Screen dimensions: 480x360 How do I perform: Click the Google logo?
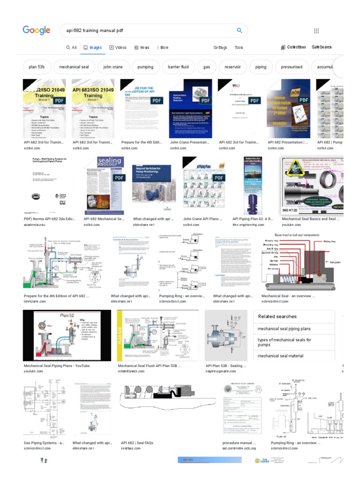click(36, 30)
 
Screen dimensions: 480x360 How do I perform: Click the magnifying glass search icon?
click(239, 31)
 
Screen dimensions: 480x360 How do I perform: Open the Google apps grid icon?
click(316, 31)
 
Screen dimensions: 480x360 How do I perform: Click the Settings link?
click(220, 47)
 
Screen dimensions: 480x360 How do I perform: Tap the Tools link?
click(239, 47)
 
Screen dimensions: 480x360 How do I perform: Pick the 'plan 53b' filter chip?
click(37, 67)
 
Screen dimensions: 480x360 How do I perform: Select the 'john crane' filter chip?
click(113, 67)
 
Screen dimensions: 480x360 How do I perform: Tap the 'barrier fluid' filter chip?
click(178, 67)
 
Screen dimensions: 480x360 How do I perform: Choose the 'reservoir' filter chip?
click(232, 67)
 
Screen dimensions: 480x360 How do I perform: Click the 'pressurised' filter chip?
click(292, 67)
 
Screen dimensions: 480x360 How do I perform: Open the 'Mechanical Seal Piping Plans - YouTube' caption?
click(56, 366)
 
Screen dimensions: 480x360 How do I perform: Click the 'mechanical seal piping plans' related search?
click(284, 329)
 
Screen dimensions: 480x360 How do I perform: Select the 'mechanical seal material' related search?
click(280, 356)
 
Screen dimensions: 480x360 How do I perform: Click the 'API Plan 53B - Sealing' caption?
click(226, 366)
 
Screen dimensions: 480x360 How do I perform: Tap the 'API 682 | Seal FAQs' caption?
click(137, 442)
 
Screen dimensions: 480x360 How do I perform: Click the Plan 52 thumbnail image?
click(67, 335)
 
